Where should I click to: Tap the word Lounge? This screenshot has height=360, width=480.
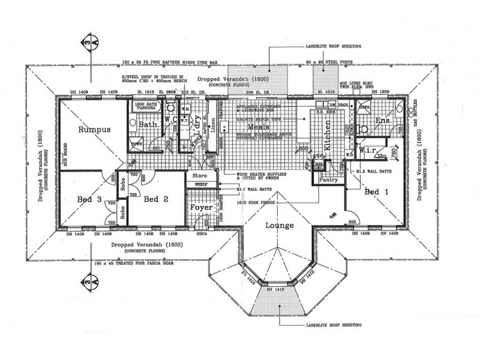tap(277, 226)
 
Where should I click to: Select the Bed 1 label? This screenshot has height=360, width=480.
tap(376, 191)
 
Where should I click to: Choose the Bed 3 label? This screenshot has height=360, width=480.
tap(89, 199)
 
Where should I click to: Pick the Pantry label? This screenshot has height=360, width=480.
tap(328, 179)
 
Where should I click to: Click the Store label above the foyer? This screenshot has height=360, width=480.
tap(199, 176)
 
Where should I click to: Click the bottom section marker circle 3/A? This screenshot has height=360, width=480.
tap(88, 280)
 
